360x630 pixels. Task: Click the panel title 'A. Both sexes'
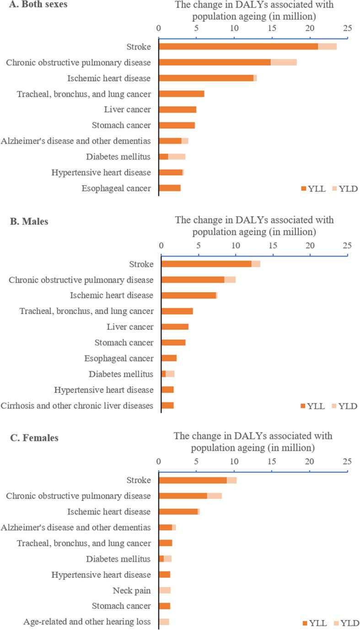(x=30, y=7)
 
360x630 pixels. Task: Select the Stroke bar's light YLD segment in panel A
(x=327, y=46)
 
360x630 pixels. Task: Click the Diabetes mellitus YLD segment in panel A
(x=177, y=157)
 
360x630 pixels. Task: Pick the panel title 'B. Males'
(x=29, y=222)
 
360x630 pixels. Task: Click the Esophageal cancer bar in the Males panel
(x=169, y=358)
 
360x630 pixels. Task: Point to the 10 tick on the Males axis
(x=236, y=246)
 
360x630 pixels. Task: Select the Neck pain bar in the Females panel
(x=165, y=590)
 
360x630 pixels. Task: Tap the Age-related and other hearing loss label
(x=87, y=622)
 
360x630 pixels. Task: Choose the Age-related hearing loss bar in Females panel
(x=164, y=622)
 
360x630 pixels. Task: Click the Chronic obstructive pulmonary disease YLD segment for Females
(x=215, y=496)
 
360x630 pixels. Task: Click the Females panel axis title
(x=253, y=441)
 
